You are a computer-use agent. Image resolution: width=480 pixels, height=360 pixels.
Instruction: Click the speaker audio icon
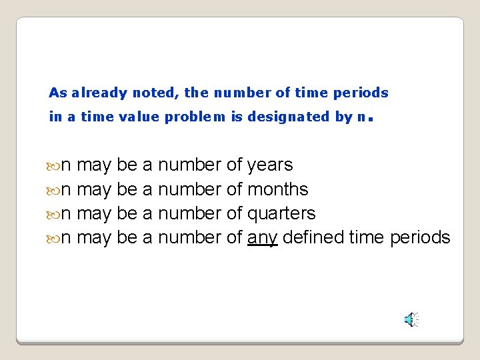click(412, 319)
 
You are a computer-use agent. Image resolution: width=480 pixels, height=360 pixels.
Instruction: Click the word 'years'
click(269, 165)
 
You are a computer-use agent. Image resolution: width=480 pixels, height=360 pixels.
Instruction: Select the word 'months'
click(277, 189)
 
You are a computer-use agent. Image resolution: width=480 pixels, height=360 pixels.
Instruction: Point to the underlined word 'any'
click(262, 238)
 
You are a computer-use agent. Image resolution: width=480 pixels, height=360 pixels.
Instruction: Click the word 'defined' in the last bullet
click(313, 237)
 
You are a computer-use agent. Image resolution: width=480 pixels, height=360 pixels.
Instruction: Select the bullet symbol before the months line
click(54, 190)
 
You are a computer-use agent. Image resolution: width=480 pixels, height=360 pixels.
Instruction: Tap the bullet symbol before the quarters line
click(54, 214)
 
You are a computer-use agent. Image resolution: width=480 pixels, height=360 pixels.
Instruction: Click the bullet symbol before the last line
click(54, 238)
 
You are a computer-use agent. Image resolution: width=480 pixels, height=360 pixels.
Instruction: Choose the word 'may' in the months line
click(94, 190)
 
